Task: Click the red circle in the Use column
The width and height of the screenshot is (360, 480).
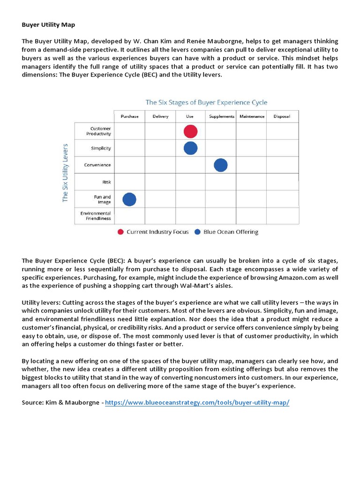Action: click(x=190, y=131)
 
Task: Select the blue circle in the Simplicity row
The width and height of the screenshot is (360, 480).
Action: click(x=190, y=148)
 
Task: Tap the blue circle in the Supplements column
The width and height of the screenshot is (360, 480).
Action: click(x=220, y=165)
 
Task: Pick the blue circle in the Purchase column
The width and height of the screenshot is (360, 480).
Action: click(x=129, y=199)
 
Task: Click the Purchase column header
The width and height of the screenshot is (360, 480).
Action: click(x=129, y=116)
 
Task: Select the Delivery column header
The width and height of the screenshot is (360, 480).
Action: click(x=160, y=116)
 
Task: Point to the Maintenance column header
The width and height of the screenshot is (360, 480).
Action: click(x=252, y=116)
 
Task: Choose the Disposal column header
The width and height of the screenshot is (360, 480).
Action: click(x=281, y=116)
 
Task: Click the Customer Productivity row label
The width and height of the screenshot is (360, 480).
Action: click(x=100, y=131)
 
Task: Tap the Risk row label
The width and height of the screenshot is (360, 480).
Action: click(x=106, y=182)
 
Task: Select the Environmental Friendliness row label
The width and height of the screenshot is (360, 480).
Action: click(x=96, y=216)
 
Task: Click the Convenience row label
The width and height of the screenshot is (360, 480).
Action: click(x=97, y=165)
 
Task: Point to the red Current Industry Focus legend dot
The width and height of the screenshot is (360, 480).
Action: click(x=120, y=232)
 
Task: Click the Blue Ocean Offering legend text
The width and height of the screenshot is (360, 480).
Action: click(x=231, y=232)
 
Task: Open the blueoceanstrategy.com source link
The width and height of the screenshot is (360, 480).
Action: click(x=197, y=403)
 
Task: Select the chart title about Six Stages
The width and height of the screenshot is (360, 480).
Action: click(x=206, y=102)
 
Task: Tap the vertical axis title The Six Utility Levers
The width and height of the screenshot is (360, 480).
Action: click(x=65, y=172)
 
